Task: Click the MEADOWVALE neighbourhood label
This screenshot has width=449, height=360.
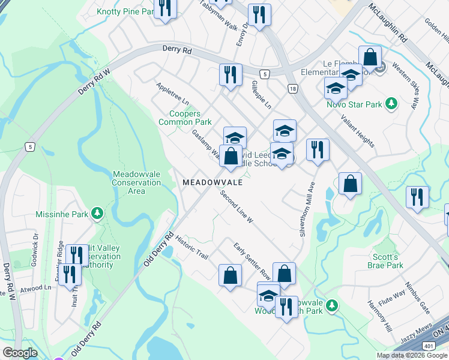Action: pos(212,182)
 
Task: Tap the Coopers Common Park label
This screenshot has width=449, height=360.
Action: pos(185,118)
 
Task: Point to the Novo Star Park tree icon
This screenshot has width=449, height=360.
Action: pos(391,104)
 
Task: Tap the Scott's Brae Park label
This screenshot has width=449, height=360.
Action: pos(387,260)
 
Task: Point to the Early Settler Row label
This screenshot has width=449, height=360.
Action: pos(252,263)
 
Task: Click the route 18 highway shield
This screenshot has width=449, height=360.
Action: pos(292,88)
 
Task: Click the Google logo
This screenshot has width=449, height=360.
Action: pos(20,353)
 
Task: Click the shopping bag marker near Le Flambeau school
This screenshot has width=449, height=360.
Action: pos(370,58)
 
